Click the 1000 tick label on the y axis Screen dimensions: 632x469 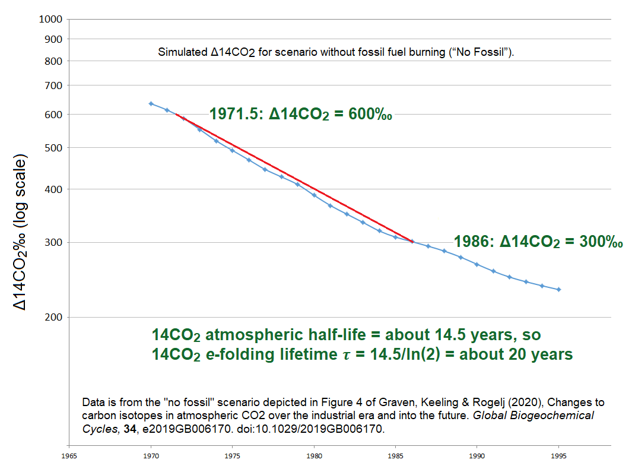(x=50, y=19)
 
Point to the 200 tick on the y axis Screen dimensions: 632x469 (x=53, y=318)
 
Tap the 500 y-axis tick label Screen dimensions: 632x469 (x=53, y=148)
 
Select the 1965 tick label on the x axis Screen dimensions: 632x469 (x=69, y=456)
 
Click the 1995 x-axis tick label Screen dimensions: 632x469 (x=558, y=456)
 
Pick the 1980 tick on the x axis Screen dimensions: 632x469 (x=314, y=456)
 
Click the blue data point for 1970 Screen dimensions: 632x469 (x=151, y=104)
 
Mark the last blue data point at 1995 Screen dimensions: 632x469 (x=558, y=290)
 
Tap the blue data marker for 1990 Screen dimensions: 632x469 (x=477, y=265)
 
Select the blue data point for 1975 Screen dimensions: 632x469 (x=232, y=150)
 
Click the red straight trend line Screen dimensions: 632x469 (x=294, y=178)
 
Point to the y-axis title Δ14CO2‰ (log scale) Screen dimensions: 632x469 (x=20, y=232)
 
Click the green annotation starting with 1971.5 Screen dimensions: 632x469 (x=301, y=114)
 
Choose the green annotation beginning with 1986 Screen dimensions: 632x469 (x=538, y=242)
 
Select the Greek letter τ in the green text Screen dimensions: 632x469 (x=347, y=355)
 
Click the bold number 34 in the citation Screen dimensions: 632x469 (x=130, y=429)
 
